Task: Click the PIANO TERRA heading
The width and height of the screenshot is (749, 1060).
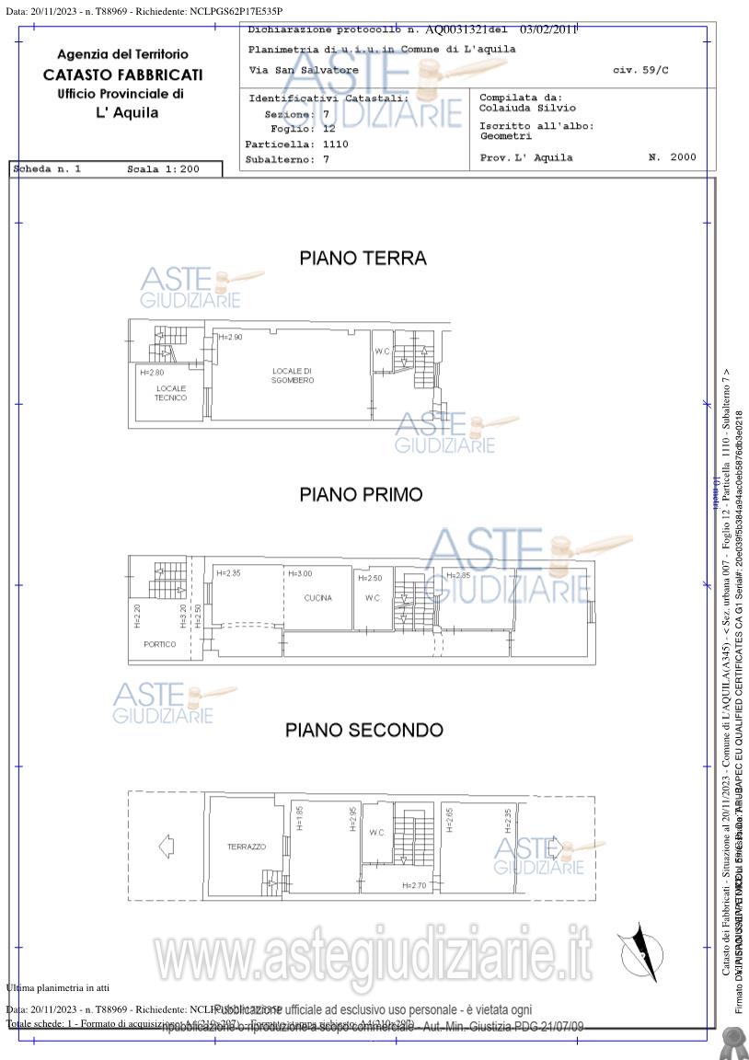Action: coord(363,259)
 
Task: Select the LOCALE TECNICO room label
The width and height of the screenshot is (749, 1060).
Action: coord(170,393)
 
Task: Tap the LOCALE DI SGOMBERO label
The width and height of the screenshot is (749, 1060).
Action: coord(293,375)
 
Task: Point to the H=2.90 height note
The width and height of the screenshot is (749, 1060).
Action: coord(230,338)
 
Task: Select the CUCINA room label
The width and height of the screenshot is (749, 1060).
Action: coord(317,598)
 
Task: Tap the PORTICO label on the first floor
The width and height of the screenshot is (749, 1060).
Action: coord(159,644)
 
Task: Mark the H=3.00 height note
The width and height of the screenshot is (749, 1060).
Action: coord(300,574)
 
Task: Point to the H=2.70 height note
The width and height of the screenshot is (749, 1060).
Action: coord(415,885)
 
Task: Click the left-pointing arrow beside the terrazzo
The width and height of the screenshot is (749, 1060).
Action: coord(166,845)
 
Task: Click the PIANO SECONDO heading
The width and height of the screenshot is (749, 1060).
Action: coord(363,731)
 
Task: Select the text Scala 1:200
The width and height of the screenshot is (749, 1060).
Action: coord(163,170)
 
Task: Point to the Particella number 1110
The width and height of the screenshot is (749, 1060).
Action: coord(335,144)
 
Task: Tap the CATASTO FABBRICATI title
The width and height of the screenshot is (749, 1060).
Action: coord(122,75)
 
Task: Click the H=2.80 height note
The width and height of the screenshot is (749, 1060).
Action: coord(153,373)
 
